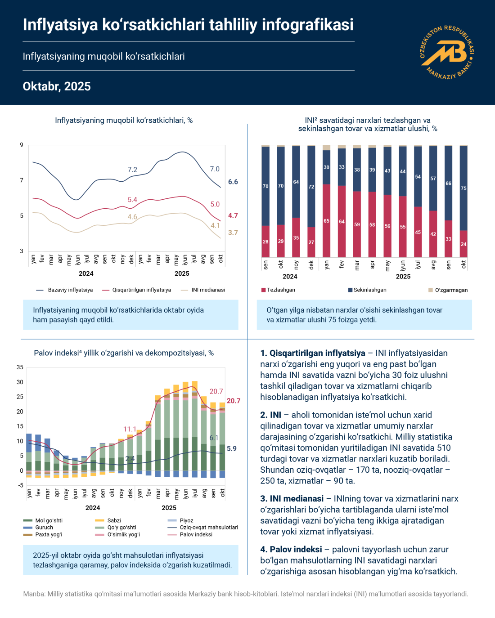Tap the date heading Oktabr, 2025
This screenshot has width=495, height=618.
pos(57,86)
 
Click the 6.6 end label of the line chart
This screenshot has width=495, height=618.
pos(233,182)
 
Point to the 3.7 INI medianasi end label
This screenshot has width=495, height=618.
pos(233,233)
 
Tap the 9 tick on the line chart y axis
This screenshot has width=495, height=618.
pos(22,145)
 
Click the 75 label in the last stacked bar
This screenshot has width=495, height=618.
pos(463,188)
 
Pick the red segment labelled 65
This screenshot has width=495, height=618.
pos(326,221)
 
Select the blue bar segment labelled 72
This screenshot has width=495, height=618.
pos(311,187)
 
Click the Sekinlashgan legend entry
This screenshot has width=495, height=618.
pos(369,290)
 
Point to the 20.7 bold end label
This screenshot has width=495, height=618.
pos(234,401)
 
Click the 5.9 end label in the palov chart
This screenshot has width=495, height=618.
pos(232,448)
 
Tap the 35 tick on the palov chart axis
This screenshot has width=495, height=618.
pos(20,367)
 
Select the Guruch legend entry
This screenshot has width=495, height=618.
pos(44,528)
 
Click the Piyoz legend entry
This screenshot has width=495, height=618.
pos(186,520)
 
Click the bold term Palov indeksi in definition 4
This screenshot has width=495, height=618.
pos(296,549)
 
